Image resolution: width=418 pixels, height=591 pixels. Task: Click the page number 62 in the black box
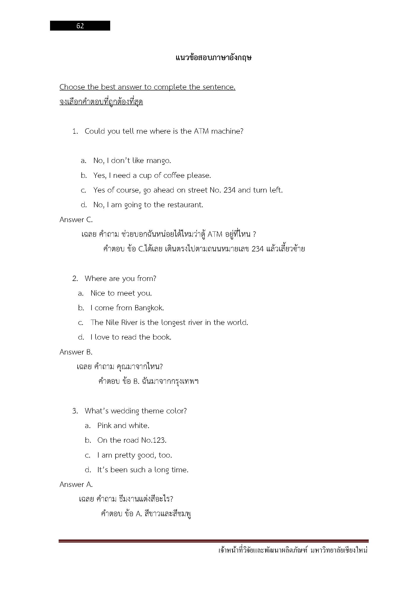pyautogui.click(x=80, y=26)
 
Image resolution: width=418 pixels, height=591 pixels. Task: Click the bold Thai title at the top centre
pyautogui.click(x=213, y=58)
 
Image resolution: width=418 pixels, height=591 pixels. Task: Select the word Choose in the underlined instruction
pyautogui.click(x=72, y=87)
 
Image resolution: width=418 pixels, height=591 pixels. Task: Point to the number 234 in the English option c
pyautogui.click(x=229, y=190)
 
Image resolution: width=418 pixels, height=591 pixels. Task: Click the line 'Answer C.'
pyautogui.click(x=76, y=220)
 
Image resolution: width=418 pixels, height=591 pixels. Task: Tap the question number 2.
pyautogui.click(x=75, y=278)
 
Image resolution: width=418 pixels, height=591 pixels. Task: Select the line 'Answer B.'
pyautogui.click(x=76, y=352)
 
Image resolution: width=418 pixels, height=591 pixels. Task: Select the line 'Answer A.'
pyautogui.click(x=76, y=484)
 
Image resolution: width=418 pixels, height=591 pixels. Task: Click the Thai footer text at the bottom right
pyautogui.click(x=293, y=551)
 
